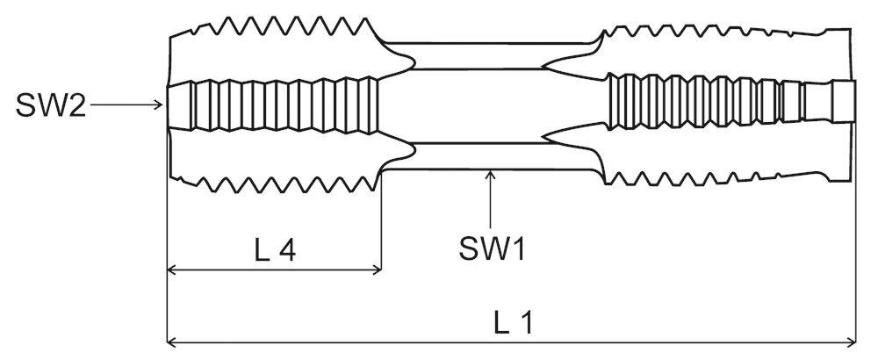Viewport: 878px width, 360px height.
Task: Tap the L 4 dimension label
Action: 274,251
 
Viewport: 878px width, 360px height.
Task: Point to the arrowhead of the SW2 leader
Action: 162,105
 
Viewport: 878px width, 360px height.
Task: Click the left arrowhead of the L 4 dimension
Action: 171,270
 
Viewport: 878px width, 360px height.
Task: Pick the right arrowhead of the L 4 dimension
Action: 378,270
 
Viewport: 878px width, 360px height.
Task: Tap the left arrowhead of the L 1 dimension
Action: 171,341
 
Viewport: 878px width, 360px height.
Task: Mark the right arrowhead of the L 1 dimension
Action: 851,341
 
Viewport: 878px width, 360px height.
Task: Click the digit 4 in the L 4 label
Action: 286,251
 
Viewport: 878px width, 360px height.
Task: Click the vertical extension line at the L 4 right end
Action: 381,228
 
